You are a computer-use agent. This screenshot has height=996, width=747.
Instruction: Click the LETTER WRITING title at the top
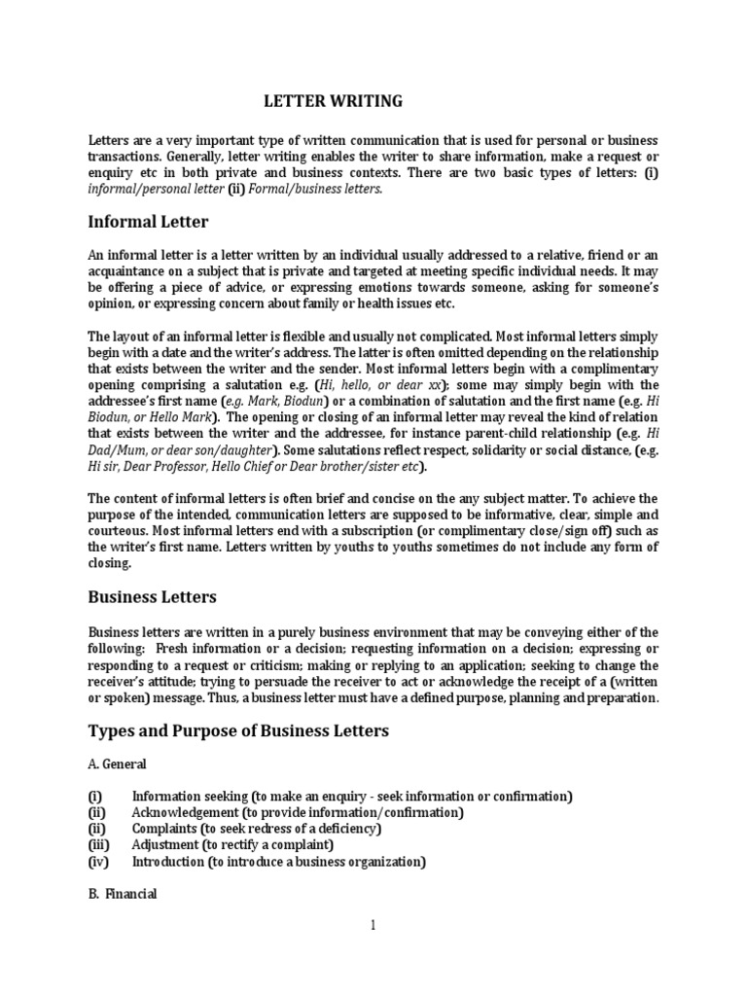coord(334,100)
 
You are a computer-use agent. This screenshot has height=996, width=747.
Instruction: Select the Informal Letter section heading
coord(148,222)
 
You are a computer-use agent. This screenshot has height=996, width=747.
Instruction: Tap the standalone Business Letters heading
coord(153,596)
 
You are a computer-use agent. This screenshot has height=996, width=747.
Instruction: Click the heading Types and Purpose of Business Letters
coord(238,730)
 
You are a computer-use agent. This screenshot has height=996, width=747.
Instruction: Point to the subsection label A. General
coord(119,765)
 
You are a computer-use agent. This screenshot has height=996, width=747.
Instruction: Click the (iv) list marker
coord(98,862)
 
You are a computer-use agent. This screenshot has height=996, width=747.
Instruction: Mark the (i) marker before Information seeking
coord(94,796)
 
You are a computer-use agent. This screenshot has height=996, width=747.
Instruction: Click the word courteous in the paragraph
coord(122,530)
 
